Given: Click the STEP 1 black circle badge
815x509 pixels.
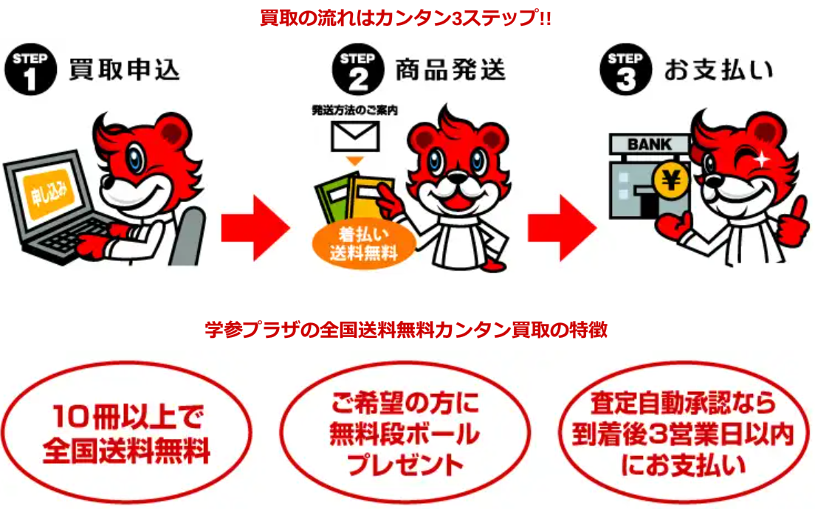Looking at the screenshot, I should coord(30,71).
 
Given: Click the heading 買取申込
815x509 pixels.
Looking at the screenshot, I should coord(124,70).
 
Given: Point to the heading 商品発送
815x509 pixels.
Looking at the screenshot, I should coord(450,70).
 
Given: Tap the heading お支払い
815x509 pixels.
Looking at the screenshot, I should coord(718,70).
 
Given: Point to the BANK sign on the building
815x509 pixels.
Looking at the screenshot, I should coord(650,144).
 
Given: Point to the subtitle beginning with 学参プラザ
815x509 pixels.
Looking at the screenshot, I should coord(406,330).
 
